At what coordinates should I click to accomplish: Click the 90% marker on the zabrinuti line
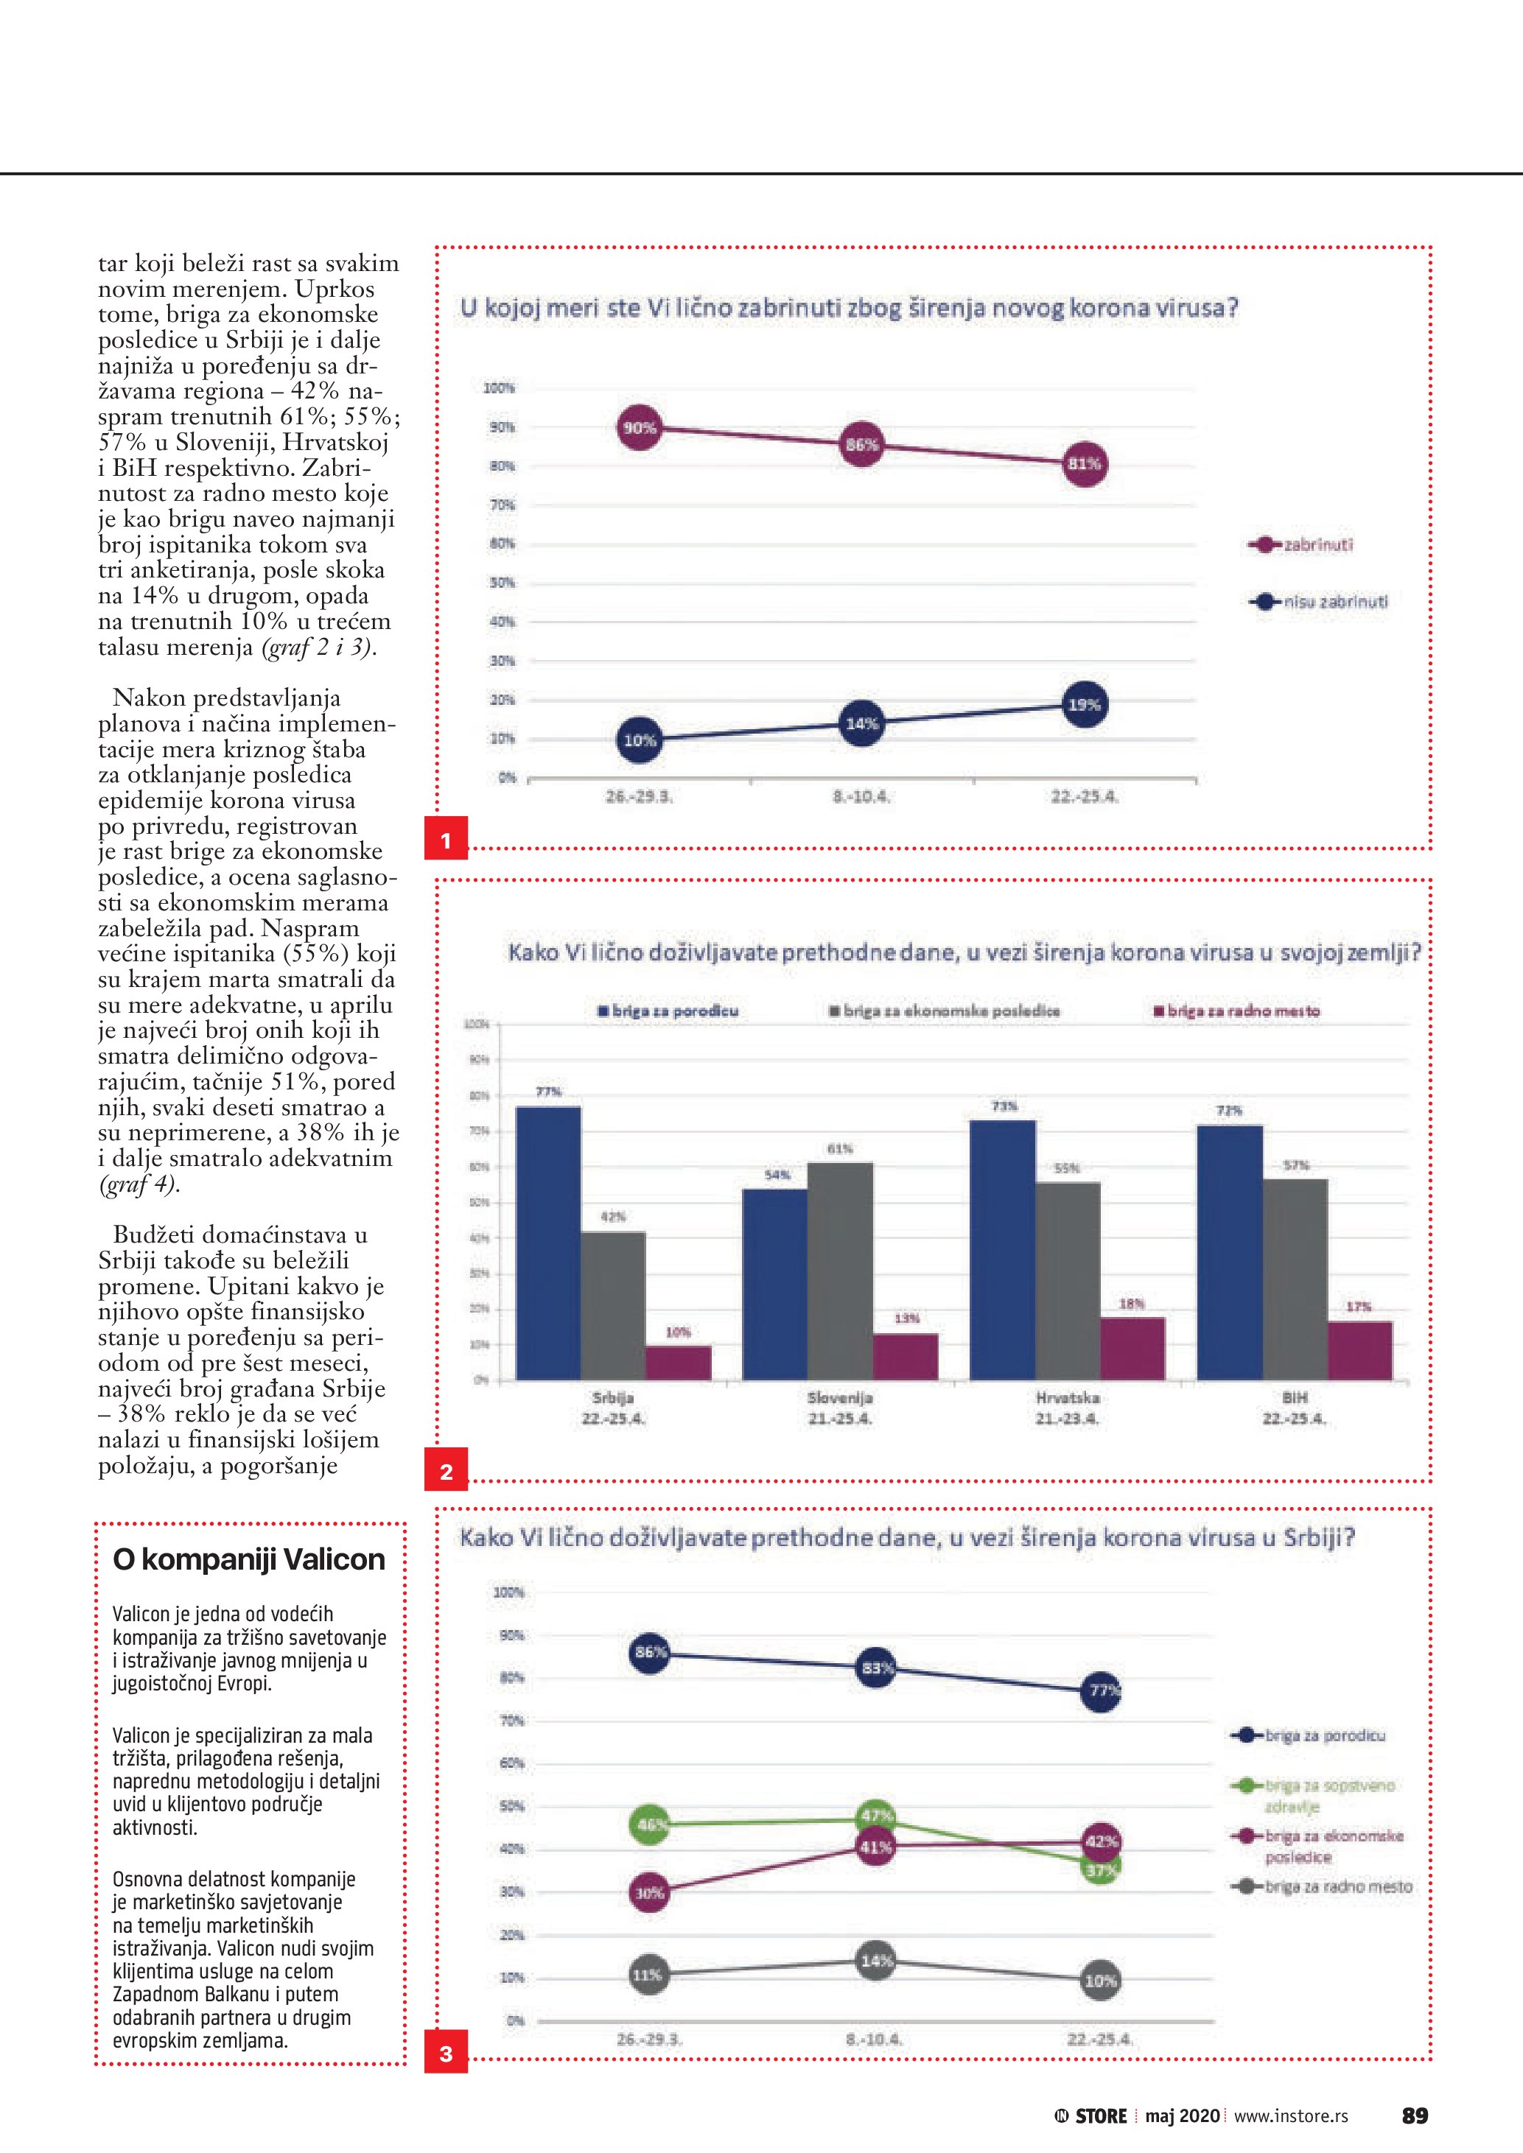pyautogui.click(x=640, y=429)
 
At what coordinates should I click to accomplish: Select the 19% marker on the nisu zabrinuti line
pyautogui.click(x=1084, y=704)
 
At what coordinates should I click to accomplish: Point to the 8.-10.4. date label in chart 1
pyautogui.click(x=861, y=797)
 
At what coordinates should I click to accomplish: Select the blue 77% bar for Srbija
pyautogui.click(x=549, y=1243)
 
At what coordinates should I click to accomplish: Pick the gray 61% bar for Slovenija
pyautogui.click(x=840, y=1271)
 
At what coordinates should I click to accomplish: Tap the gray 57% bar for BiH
pyautogui.click(x=1295, y=1278)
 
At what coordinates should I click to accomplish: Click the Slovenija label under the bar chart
pyautogui.click(x=840, y=1397)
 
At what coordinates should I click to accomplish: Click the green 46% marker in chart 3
pyautogui.click(x=650, y=1824)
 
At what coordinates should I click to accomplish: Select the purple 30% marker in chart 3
pyautogui.click(x=650, y=1893)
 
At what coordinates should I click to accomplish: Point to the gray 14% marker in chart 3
pyautogui.click(x=876, y=1961)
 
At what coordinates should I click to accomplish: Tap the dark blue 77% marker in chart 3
pyautogui.click(x=1101, y=1690)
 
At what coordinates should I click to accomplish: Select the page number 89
pyautogui.click(x=1414, y=2116)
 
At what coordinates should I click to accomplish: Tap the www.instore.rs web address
pyautogui.click(x=1290, y=2116)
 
